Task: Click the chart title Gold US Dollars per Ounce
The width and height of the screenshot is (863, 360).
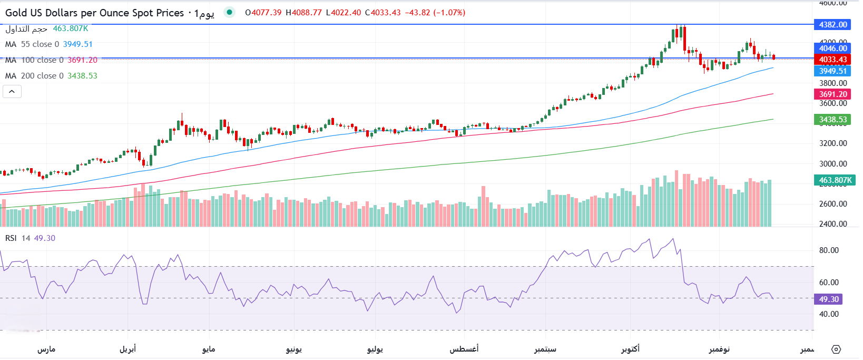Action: pyautogui.click(x=95, y=13)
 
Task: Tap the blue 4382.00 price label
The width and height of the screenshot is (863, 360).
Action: pyautogui.click(x=833, y=25)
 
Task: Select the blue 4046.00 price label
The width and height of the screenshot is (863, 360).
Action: pyautogui.click(x=833, y=48)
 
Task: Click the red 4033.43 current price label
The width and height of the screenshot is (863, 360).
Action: pyautogui.click(x=833, y=60)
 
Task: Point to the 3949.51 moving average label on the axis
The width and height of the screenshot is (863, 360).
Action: pyautogui.click(x=833, y=71)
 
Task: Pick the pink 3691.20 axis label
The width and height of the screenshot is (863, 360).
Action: pyautogui.click(x=833, y=94)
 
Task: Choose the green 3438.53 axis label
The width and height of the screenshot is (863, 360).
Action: pyautogui.click(x=833, y=120)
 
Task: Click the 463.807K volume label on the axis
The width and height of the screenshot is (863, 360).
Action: pyautogui.click(x=835, y=180)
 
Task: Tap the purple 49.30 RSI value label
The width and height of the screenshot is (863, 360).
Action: pyautogui.click(x=829, y=299)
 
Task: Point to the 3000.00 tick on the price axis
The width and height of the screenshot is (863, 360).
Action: pyautogui.click(x=833, y=164)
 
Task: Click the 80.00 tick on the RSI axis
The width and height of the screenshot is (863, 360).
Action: pyautogui.click(x=829, y=250)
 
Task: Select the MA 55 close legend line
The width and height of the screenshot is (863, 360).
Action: pyautogui.click(x=48, y=44)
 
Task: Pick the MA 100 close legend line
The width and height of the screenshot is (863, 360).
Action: pyautogui.click(x=51, y=60)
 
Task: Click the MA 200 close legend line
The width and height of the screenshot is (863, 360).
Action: pyautogui.click(x=51, y=76)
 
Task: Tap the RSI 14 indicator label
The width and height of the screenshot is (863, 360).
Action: pyautogui.click(x=30, y=238)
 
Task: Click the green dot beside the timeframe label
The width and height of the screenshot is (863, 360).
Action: pyautogui.click(x=229, y=12)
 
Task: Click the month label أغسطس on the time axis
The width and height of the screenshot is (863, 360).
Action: pyautogui.click(x=464, y=349)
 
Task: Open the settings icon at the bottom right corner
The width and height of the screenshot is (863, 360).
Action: pyautogui.click(x=836, y=349)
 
